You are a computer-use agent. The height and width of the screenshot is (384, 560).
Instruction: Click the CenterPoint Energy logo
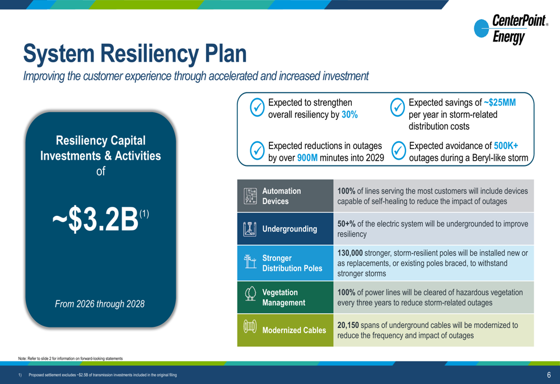pyautogui.click(x=511, y=29)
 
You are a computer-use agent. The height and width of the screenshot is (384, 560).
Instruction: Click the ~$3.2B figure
pyautogui.click(x=95, y=219)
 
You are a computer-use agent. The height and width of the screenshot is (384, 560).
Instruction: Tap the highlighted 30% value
pyautogui.click(x=349, y=114)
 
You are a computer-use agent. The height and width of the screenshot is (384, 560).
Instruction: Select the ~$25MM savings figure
pyautogui.click(x=500, y=103)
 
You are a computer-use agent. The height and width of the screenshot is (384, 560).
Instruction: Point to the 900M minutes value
pyautogui.click(x=307, y=158)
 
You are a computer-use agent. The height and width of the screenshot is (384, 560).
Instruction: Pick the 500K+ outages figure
pyautogui.click(x=506, y=146)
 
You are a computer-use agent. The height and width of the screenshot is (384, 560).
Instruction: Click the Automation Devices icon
pyautogui.click(x=250, y=196)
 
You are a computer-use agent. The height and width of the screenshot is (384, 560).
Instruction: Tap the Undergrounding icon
pyautogui.click(x=250, y=229)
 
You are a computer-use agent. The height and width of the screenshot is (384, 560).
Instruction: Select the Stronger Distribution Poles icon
pyautogui.click(x=250, y=261)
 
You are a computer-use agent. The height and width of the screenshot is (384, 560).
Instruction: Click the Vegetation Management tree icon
pyautogui.click(x=250, y=294)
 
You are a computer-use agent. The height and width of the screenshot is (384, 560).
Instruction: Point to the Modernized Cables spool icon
pyautogui.click(x=250, y=326)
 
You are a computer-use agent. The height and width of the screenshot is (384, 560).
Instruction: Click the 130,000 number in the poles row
pyautogui.click(x=350, y=253)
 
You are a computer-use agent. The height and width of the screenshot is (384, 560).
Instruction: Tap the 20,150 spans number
pyautogui.click(x=348, y=325)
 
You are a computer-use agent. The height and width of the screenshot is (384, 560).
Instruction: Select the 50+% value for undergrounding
pyautogui.click(x=347, y=224)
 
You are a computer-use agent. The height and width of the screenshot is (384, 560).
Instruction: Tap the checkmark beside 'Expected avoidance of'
pyautogui.click(x=399, y=151)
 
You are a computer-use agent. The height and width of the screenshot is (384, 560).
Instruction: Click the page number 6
pyautogui.click(x=549, y=374)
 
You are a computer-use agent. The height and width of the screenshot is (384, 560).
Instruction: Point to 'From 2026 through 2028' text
pyautogui.click(x=100, y=304)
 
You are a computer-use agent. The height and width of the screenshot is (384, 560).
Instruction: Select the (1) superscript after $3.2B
pyautogui.click(x=144, y=214)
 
